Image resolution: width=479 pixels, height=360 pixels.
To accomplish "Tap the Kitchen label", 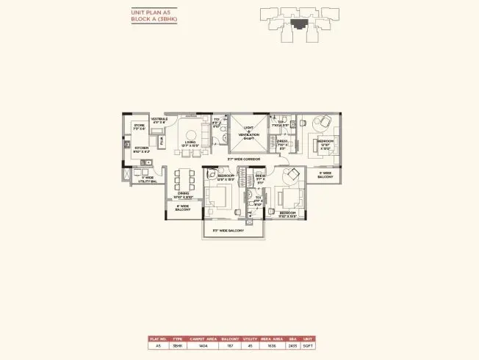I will (x=143, y=149).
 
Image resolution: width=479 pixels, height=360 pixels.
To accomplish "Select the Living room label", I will (x=191, y=144).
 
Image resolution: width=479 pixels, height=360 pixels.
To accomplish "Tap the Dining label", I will (x=182, y=196).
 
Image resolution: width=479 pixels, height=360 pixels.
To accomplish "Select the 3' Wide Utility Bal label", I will (x=144, y=179).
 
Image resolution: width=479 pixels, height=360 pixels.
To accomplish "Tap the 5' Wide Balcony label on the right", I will (x=325, y=176).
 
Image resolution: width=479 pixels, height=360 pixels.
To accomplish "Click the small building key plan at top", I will (x=297, y=20).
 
